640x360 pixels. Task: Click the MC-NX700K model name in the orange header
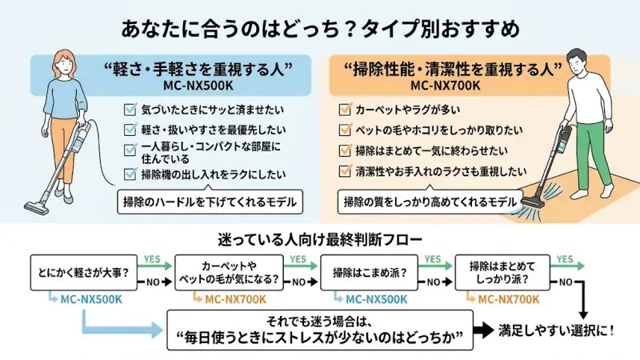pos(445,85)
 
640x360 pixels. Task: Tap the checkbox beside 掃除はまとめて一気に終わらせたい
pos(346,150)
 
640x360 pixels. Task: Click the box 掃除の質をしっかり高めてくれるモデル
pos(430,202)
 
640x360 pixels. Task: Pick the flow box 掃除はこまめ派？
pos(366,274)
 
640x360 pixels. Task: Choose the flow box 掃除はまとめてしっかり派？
pos(501,274)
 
